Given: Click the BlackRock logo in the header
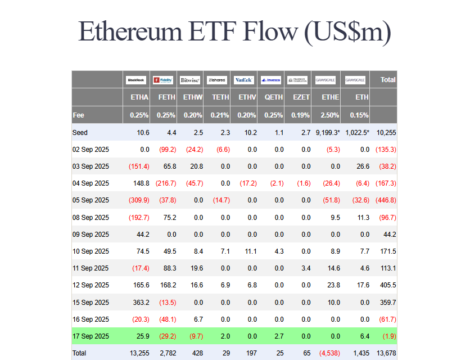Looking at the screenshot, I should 136,80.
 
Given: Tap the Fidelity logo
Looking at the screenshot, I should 163,80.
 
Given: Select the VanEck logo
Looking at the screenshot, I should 244,80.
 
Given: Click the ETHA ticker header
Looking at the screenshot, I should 139,97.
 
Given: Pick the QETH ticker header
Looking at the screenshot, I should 274,97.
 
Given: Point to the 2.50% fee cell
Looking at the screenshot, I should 329,115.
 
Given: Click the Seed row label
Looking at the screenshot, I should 80,133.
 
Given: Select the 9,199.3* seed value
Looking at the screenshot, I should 328,133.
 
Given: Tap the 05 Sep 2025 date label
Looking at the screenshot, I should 91,200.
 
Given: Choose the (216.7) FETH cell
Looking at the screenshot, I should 166,183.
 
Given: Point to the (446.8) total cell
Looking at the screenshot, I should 386,200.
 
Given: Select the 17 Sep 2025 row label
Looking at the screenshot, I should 91,336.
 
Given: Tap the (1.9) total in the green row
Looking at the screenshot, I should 388,336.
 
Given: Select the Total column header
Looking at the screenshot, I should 388,80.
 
